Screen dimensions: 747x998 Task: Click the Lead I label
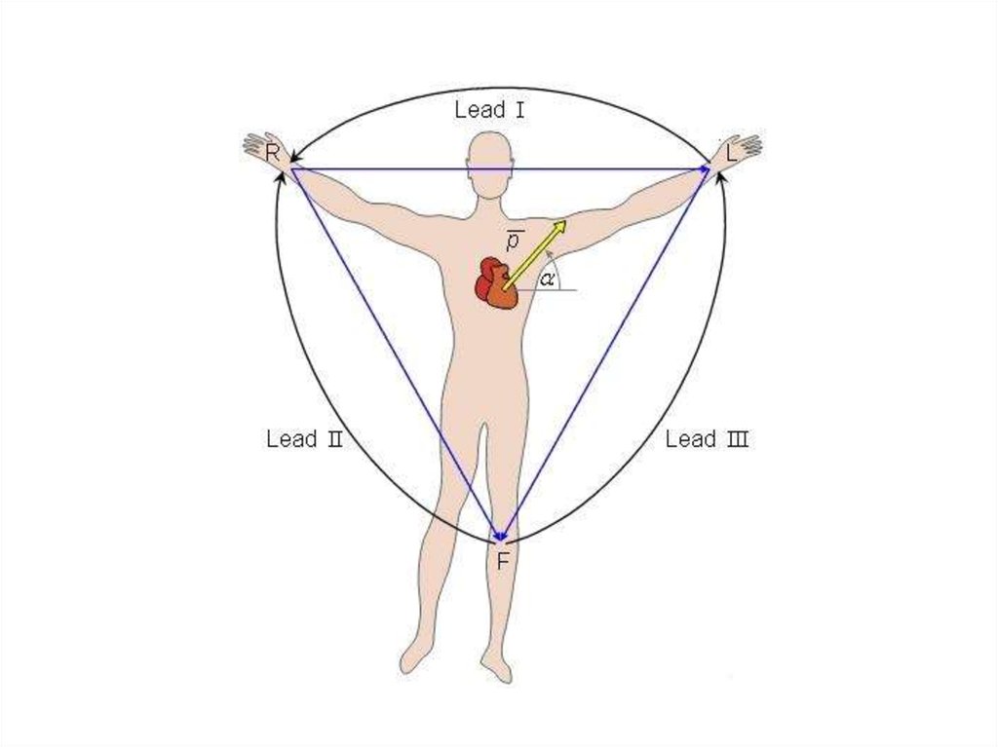(490, 110)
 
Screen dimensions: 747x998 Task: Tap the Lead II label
(304, 439)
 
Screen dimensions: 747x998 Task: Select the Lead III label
(707, 439)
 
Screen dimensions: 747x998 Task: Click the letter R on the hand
(273, 153)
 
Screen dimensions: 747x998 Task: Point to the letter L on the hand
(732, 153)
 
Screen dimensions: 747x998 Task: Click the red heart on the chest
(495, 283)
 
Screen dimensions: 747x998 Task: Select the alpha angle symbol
(548, 279)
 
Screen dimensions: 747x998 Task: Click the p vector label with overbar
(513, 239)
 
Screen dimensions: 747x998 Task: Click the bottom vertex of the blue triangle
(501, 539)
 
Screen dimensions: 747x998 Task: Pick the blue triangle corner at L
(709, 169)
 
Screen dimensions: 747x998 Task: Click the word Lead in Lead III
(690, 439)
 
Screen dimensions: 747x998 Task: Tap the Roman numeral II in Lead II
(334, 439)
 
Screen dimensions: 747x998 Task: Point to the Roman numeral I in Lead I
(519, 110)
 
